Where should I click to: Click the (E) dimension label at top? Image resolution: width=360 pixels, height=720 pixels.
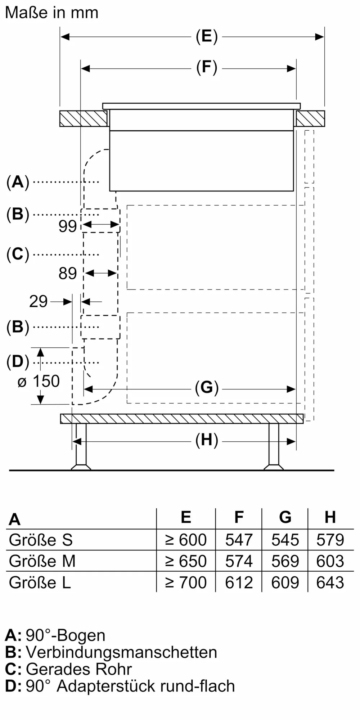[x=207, y=36]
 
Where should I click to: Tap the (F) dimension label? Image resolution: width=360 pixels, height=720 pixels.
[x=207, y=67]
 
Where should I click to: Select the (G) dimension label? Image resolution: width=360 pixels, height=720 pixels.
[x=207, y=388]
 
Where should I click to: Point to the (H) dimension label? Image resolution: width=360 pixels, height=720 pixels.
[x=207, y=440]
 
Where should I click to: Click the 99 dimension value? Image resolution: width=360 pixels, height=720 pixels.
[x=68, y=226]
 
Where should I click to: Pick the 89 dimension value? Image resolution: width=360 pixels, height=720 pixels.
[x=68, y=274]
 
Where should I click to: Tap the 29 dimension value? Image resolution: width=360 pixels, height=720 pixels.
[x=38, y=301]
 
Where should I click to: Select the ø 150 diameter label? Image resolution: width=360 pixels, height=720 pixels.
[x=39, y=381]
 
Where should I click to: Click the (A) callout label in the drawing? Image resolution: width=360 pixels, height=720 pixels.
[x=18, y=182]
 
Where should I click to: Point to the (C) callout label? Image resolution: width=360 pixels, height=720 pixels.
[x=18, y=254]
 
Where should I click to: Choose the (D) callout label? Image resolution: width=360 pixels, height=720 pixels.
[x=18, y=362]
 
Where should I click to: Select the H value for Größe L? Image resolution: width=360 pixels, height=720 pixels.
[x=330, y=582]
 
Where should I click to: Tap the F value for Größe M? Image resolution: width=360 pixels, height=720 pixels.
[x=239, y=561]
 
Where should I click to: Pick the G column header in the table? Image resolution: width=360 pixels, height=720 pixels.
[x=285, y=517]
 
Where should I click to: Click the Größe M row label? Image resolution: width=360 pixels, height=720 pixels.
[x=42, y=561]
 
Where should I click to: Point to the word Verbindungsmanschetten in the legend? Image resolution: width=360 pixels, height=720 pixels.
[x=121, y=652]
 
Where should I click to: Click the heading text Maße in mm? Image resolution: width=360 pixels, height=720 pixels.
[x=51, y=13]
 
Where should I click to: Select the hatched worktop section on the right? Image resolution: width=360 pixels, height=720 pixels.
[x=310, y=118]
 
